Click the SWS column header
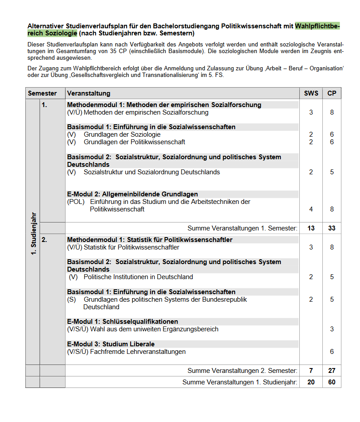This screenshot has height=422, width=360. click(311, 93)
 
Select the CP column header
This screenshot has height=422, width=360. click(332, 93)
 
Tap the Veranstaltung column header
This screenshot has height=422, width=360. click(89, 93)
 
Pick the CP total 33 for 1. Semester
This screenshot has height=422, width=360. click(332, 228)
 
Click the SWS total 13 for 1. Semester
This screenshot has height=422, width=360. click(311, 228)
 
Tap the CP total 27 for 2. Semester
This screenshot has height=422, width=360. click(332, 371)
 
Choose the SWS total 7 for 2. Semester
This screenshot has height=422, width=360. click(311, 371)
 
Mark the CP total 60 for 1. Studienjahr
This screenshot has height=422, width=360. click(332, 382)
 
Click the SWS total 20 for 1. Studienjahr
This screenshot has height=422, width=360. click(311, 382)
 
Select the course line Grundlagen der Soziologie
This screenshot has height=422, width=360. click(122, 134)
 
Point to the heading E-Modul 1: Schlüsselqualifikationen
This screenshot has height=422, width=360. click(123, 322)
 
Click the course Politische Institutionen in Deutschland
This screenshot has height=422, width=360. click(138, 277)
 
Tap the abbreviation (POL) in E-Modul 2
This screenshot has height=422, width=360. click(76, 202)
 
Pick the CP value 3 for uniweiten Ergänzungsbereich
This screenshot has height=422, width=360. click(332, 329)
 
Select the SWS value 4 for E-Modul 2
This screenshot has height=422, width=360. click(311, 209)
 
